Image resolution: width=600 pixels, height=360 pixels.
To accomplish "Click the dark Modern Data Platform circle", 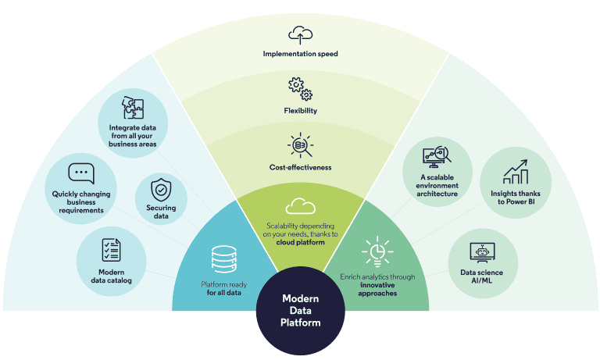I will pyautogui.click(x=300, y=310).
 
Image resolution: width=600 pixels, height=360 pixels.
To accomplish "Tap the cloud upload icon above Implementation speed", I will pyautogui.click(x=300, y=35).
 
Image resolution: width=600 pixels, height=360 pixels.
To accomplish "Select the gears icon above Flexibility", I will pyautogui.click(x=300, y=88).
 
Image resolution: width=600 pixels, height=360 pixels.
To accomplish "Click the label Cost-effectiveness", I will pyautogui.click(x=300, y=167).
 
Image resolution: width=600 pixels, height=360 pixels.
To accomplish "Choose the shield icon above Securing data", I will pyautogui.click(x=161, y=190).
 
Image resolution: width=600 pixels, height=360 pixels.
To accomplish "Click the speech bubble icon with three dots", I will pyautogui.click(x=80, y=173).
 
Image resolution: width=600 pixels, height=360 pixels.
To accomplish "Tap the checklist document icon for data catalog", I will pyautogui.click(x=110, y=250).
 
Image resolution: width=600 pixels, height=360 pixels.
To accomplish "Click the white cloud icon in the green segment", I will pyautogui.click(x=300, y=206).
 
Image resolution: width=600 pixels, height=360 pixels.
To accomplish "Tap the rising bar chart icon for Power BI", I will pyautogui.click(x=515, y=172).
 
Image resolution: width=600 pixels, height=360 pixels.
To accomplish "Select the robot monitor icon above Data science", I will pyautogui.click(x=484, y=251).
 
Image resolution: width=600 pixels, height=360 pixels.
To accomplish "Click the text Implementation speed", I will pyautogui.click(x=300, y=55).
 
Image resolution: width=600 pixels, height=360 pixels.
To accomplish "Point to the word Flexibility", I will pyautogui.click(x=300, y=111).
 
